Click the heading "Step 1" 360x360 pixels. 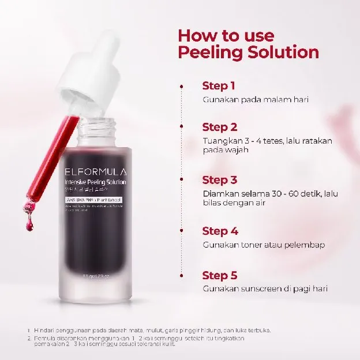(219, 86)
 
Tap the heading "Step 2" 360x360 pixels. (220, 127)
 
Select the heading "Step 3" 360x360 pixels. (220, 180)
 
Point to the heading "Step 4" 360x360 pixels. (220, 231)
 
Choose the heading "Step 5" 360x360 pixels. (220, 275)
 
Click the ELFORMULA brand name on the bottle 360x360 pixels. (95, 171)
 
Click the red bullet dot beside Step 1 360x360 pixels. (182, 86)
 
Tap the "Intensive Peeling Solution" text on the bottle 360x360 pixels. (95, 182)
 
